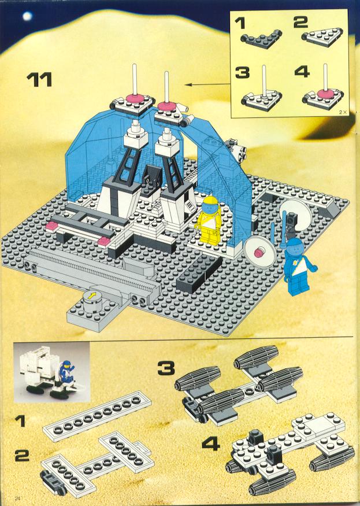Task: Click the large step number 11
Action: point(39,80)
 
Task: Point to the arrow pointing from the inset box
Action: point(209,84)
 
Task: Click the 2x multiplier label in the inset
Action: point(342,112)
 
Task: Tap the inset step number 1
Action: point(240,23)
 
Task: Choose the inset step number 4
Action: point(302,71)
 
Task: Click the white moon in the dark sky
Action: point(27,16)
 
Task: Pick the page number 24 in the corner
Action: point(18,498)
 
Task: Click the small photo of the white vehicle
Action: point(51,372)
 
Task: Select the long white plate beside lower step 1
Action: point(97,416)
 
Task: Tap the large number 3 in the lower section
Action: point(166,368)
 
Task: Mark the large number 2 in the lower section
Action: point(21,455)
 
